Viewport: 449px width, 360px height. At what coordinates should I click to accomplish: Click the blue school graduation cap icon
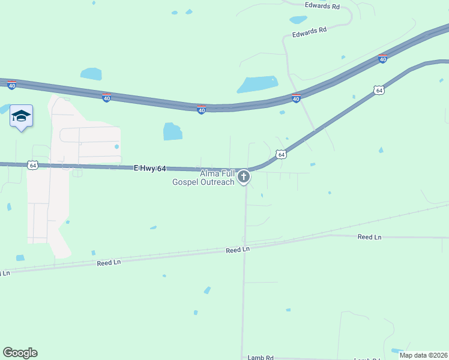pyautogui.click(x=21, y=116)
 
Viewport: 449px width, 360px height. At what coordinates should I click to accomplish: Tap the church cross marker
pyautogui.click(x=244, y=177)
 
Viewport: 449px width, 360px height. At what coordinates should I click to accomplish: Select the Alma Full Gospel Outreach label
pyautogui.click(x=204, y=178)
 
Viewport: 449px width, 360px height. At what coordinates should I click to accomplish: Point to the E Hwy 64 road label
pyautogui.click(x=149, y=169)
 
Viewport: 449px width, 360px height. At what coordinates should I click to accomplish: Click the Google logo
pyautogui.click(x=20, y=353)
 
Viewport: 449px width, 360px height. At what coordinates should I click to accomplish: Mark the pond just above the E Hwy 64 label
pyautogui.click(x=173, y=131)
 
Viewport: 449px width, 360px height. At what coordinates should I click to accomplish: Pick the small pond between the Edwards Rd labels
pyautogui.click(x=298, y=19)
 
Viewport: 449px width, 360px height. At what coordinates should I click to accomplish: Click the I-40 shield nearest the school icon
pyautogui.click(x=11, y=85)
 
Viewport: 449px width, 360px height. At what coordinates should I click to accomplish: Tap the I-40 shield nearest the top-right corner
pyautogui.click(x=382, y=59)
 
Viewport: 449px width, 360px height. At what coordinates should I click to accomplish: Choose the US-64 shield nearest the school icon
pyautogui.click(x=32, y=165)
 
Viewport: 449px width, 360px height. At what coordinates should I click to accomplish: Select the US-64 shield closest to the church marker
pyautogui.click(x=280, y=155)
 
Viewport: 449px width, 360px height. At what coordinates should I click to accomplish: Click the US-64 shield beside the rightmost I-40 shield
pyautogui.click(x=378, y=90)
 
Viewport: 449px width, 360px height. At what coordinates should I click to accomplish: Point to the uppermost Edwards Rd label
pyautogui.click(x=322, y=6)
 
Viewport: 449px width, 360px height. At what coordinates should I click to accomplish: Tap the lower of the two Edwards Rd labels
pyautogui.click(x=309, y=32)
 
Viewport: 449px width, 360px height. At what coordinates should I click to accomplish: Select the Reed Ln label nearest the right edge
pyautogui.click(x=369, y=237)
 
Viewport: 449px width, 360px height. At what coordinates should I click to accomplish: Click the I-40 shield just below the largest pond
pyautogui.click(x=296, y=98)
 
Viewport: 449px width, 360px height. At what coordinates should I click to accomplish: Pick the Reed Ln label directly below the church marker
pyautogui.click(x=238, y=249)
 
